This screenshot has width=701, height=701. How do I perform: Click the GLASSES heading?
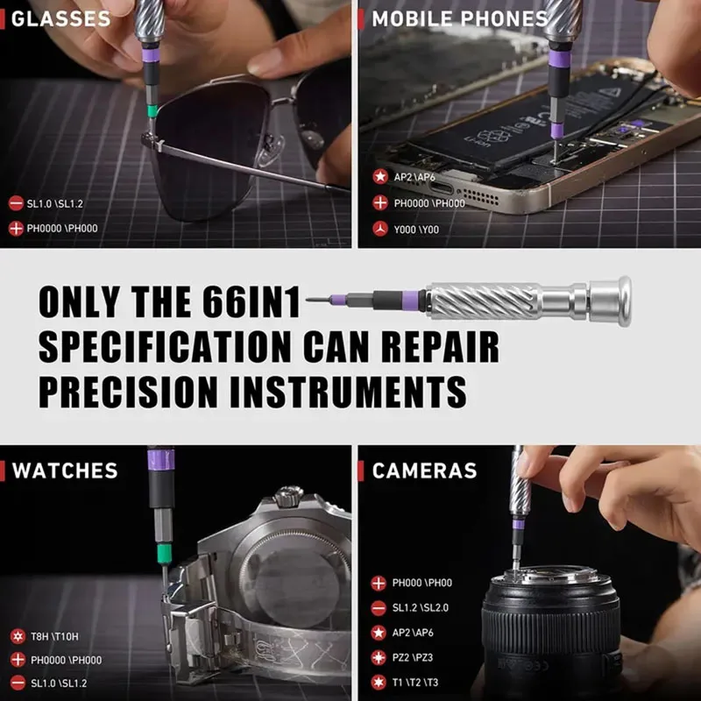[60, 18]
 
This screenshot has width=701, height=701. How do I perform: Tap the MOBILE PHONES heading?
[460, 18]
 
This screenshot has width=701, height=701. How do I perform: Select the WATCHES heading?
[65, 471]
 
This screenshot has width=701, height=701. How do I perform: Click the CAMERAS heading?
[424, 471]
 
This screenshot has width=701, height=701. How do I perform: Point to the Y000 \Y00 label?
[416, 230]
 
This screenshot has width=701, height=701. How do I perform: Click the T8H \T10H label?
[54, 636]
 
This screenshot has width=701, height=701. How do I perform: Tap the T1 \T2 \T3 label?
[414, 683]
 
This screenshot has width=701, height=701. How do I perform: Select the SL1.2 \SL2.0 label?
[421, 608]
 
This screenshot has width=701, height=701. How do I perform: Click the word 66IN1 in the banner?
[251, 302]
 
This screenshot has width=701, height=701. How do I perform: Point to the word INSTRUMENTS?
[348, 392]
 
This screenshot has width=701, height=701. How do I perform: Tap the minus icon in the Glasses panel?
[16, 203]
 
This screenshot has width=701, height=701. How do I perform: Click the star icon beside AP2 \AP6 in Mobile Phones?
[380, 177]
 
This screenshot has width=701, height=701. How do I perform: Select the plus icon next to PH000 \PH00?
[379, 583]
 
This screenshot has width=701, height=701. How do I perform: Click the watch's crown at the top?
[288, 496]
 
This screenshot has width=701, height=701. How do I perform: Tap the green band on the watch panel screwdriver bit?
[164, 554]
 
